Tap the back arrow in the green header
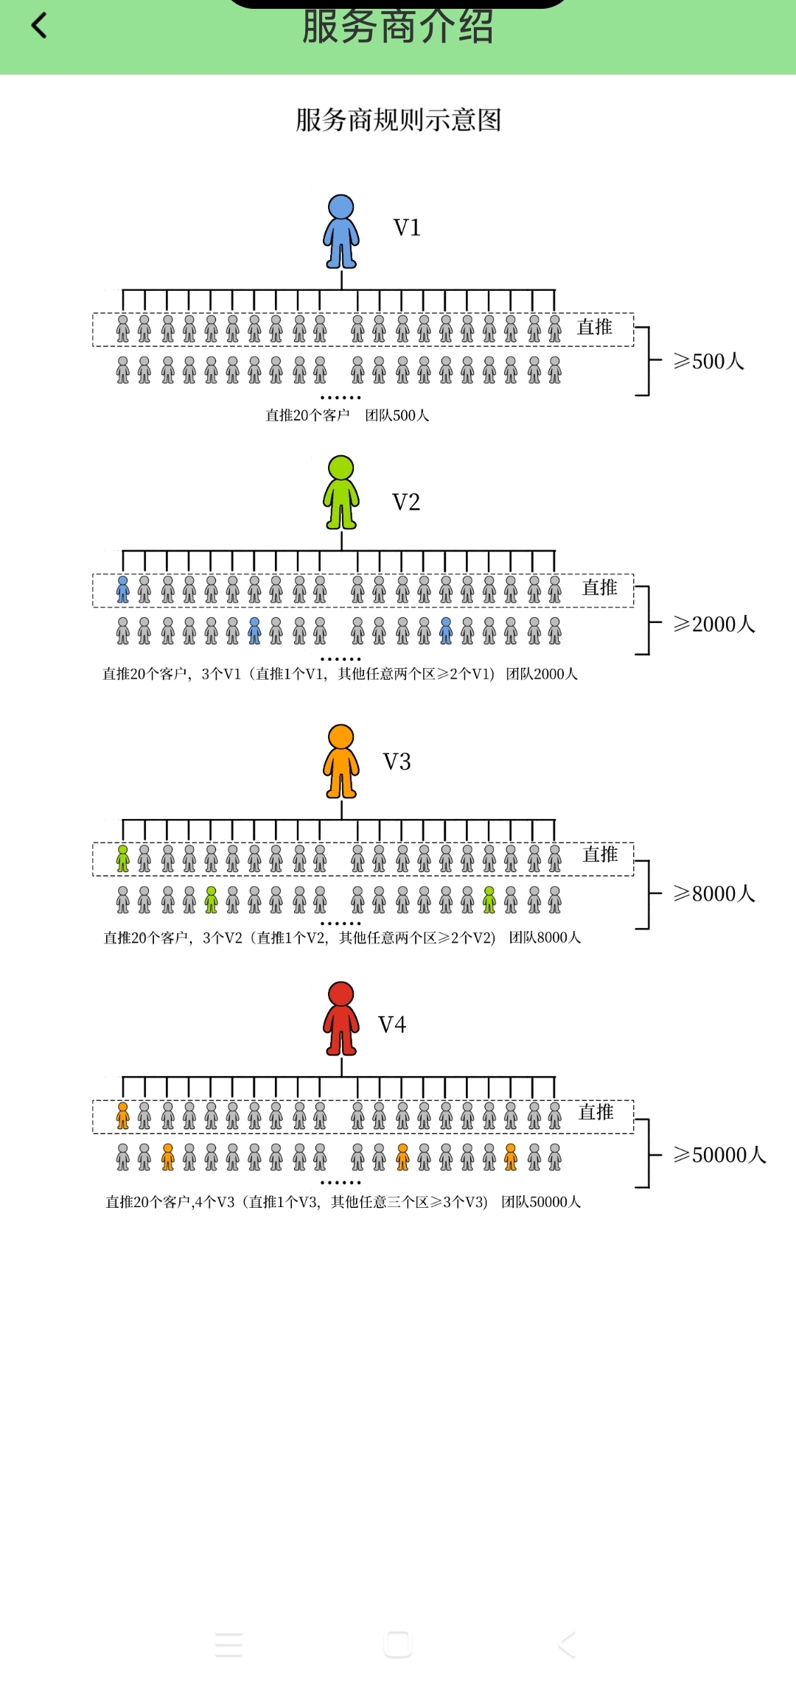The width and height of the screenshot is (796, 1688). pos(39,26)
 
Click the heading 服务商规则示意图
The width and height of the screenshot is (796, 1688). pos(398,119)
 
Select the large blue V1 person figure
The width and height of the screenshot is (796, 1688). pos(341,231)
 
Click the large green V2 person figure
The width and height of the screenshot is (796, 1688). pos(341,492)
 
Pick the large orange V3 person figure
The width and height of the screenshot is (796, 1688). pos(341,761)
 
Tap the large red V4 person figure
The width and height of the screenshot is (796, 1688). pos(341,1019)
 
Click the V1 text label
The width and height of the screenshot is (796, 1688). pos(407,228)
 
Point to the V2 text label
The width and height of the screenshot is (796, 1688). pos(406,502)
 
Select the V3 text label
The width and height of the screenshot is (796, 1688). pos(397,762)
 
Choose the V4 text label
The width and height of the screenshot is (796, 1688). pos(392,1024)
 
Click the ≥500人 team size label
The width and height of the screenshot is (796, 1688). pos(708,361)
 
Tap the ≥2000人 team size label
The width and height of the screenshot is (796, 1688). pos(713,624)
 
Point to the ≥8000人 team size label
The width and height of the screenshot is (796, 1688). pos(713,893)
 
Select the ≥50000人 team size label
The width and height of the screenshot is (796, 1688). pos(719,1155)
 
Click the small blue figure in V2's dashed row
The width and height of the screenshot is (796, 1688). pos(123,590)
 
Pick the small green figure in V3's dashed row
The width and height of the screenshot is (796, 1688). pos(123,859)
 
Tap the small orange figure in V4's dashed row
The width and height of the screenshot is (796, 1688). pos(123,1116)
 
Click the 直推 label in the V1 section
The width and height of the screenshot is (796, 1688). pos(595,327)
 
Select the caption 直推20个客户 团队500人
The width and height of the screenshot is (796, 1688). pos(347,415)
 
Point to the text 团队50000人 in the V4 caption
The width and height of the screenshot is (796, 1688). pos(541,1202)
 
